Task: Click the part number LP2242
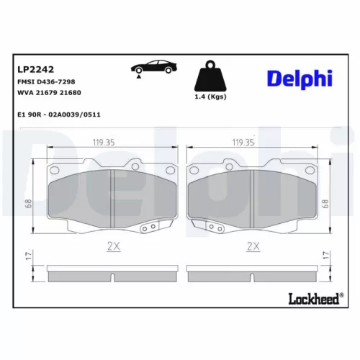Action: coord(32,69)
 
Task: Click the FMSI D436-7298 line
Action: coord(45,83)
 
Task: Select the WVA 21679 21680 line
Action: coord(48,94)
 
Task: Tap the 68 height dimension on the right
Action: coord(326,204)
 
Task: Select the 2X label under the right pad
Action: coord(252,246)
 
